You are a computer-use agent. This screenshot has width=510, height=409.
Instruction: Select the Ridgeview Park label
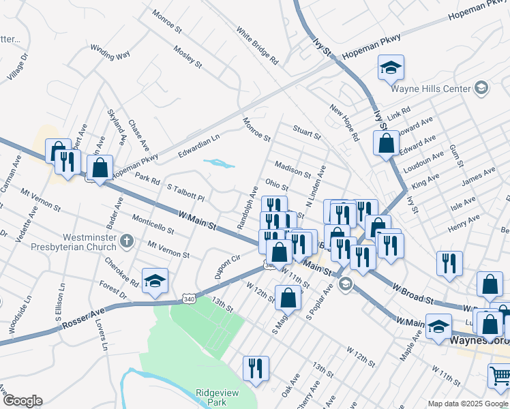pos(211,397)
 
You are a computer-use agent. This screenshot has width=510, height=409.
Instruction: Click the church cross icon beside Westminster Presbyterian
pos(126,240)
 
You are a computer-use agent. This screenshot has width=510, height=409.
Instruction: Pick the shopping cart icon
pos(499,376)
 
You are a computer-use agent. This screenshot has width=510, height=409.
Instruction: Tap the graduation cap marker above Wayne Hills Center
pos(391,67)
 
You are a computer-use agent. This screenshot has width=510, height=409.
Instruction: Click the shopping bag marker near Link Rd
pos(386,143)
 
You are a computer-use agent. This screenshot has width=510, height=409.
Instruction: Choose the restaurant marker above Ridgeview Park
pos(256,368)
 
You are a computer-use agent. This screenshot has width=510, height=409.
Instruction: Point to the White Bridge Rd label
pos(258,46)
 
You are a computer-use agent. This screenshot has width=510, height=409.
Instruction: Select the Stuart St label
pos(306,131)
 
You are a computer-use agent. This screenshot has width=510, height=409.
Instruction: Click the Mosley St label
pos(187,57)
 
